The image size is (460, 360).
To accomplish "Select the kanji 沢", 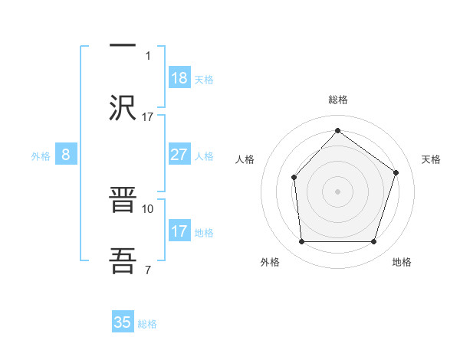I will [x=123, y=106].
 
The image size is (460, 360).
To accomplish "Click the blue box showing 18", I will [x=179, y=78].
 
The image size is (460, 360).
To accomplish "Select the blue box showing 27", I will [x=179, y=155].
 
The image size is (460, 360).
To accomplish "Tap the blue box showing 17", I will [x=179, y=231].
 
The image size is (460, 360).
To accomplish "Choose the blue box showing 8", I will [x=66, y=155].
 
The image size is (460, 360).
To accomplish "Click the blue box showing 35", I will [x=123, y=322].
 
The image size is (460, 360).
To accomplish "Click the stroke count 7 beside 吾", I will [x=148, y=269].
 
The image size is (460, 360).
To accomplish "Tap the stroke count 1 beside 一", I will [x=148, y=55].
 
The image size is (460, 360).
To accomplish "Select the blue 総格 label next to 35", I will [x=147, y=323].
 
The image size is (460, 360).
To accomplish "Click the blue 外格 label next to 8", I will [x=41, y=155].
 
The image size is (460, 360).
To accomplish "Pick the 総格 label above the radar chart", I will [x=337, y=100].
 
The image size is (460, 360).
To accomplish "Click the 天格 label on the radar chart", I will [x=432, y=159].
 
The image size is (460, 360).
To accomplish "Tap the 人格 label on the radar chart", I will [x=245, y=159].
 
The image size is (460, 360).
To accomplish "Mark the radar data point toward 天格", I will [x=396, y=172].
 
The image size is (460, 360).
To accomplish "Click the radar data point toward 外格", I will [x=301, y=242].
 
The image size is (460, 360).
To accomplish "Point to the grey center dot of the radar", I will [x=337, y=191].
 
